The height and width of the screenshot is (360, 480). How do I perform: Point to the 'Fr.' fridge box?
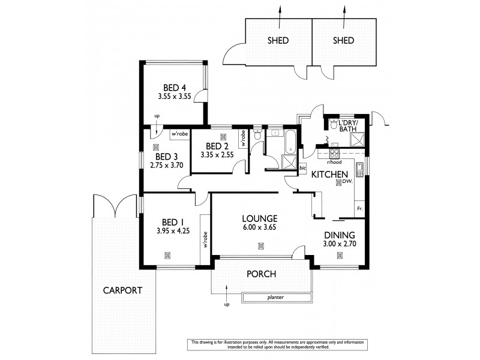[359, 208]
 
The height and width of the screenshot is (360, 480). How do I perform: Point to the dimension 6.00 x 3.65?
[260, 227]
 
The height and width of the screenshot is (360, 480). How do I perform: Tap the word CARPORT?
[122, 290]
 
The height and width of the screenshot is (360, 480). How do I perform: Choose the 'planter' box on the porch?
[276, 296]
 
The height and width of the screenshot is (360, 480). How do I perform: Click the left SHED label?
[278, 41]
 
